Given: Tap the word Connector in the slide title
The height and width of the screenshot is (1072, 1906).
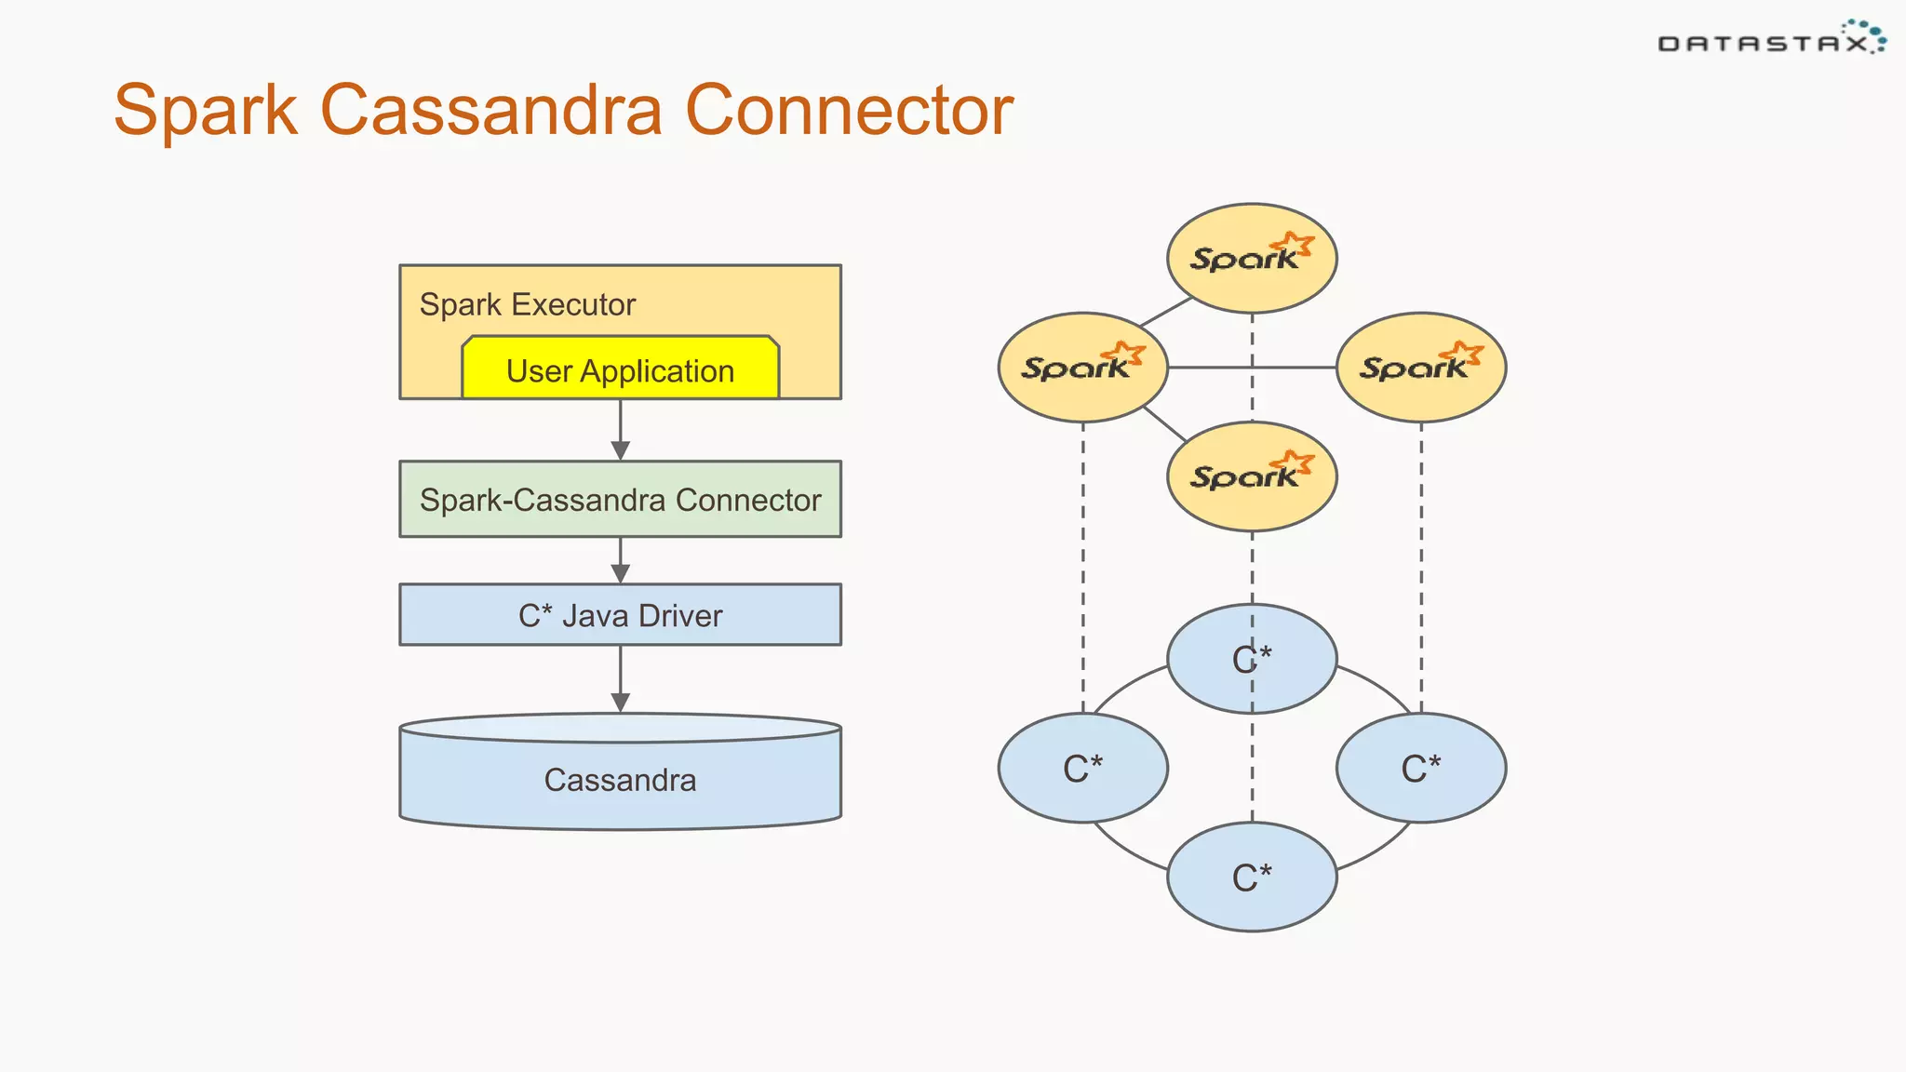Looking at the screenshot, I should pos(848,111).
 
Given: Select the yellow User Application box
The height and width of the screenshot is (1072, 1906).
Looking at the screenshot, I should pos(620,370).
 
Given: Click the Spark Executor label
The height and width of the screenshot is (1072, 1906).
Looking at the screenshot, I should pos(527,304).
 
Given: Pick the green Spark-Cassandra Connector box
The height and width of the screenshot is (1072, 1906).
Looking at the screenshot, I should pos(620,500).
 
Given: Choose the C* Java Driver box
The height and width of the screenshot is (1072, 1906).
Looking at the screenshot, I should pos(620,615).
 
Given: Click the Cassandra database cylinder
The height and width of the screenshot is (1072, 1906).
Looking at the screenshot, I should pos(620,780).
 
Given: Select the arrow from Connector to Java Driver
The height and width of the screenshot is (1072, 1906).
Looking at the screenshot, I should pos(621,560).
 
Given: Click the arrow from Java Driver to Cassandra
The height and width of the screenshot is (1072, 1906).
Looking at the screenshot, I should pos(621,679).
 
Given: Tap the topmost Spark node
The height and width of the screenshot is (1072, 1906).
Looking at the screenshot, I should pos(1252,258).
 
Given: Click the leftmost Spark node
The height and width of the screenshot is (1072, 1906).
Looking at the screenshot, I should pos(1082,367).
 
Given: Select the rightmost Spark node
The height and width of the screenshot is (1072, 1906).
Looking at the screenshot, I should pos(1421,367).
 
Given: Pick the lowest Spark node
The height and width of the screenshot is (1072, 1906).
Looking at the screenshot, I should pos(1252,476).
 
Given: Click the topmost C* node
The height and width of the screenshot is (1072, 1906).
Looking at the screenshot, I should pos(1252,659).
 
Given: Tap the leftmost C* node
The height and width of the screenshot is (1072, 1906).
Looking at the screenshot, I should pos(1082,769).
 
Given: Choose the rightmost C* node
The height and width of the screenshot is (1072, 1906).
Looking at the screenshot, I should pos(1421,769).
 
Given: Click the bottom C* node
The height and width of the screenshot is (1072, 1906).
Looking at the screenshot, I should pos(1252,878).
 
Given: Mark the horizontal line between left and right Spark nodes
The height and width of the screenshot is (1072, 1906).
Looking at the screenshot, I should pos(1210,368).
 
